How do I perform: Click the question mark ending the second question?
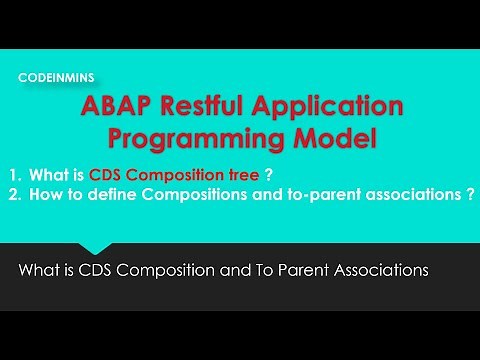tap(470, 197)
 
